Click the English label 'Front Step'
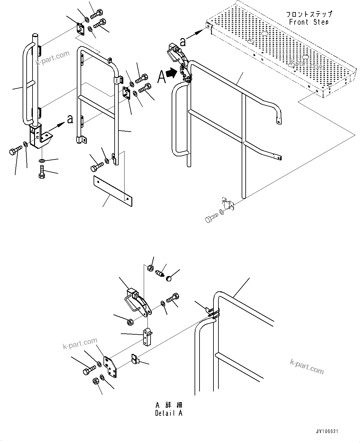tap(308, 22)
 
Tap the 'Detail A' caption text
tap(169, 413)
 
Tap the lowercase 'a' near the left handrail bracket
tap(70, 119)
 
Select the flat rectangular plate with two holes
tap(112, 191)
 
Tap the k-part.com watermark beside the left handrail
tap(53, 58)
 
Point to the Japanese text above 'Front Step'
tap(309, 14)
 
